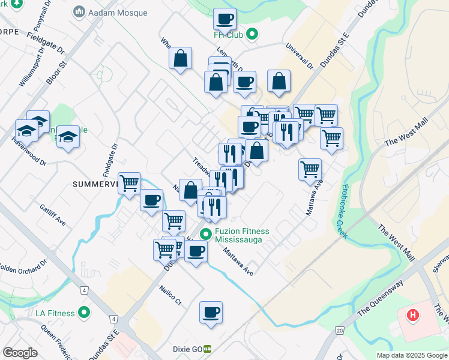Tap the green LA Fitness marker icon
point(84,313)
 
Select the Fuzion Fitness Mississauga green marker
point(206,235)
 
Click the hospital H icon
point(413,314)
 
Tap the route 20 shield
point(340,330)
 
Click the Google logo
point(20,353)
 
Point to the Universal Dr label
point(300,55)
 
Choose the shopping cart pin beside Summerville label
point(130,184)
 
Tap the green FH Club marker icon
point(253,34)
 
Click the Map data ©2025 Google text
point(412,355)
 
